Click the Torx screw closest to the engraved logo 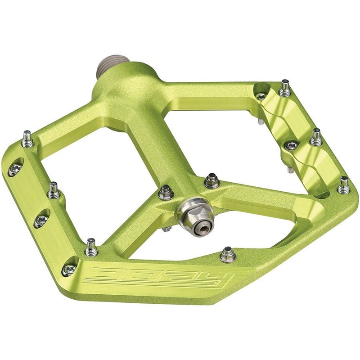coord(68,270)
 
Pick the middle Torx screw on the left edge coord(41,220)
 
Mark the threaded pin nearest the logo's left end coord(91,246)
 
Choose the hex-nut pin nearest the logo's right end coord(228,254)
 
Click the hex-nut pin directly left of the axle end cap coord(165,192)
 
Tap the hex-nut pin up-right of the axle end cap coord(211,181)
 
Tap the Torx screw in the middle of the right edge coord(292,145)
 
